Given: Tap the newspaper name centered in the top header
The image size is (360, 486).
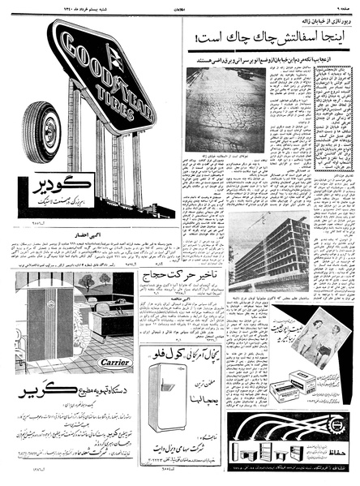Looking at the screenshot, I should point(180,8).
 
